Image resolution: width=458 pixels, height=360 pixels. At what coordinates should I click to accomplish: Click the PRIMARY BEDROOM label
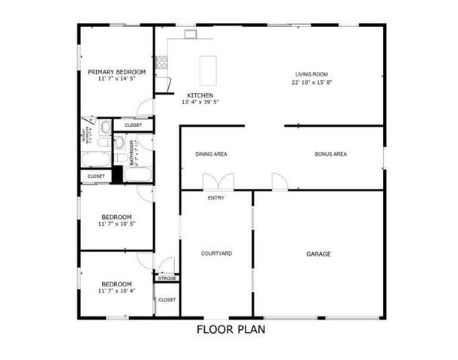(x=116, y=73)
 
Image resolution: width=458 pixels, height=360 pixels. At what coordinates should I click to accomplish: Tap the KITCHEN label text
(x=200, y=95)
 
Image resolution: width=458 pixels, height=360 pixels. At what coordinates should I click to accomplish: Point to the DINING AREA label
(x=211, y=154)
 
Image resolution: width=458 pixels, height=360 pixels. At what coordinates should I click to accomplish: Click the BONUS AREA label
(x=330, y=154)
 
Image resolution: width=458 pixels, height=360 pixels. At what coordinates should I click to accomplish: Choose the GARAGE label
(x=318, y=253)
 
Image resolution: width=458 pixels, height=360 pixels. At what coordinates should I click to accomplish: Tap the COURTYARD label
(x=216, y=253)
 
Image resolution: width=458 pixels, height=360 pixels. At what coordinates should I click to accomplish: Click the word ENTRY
(x=216, y=198)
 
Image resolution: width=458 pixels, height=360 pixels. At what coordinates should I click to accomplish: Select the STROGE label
(x=167, y=278)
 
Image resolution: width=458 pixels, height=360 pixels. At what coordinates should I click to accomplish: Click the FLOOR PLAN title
(x=231, y=328)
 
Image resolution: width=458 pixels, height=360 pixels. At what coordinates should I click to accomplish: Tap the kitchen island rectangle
(x=208, y=70)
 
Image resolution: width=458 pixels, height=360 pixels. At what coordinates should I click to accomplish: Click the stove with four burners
(x=161, y=62)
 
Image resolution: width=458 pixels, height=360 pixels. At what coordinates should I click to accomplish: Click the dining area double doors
(x=218, y=181)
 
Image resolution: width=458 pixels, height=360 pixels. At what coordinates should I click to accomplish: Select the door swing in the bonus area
(x=279, y=181)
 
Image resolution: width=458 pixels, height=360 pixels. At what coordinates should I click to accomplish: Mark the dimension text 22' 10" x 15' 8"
(x=312, y=82)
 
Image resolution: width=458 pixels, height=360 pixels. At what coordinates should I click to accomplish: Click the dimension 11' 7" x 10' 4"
(x=116, y=291)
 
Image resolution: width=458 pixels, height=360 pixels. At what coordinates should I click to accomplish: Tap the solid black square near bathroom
(x=116, y=174)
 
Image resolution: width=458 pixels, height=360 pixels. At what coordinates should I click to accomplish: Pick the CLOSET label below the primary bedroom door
(x=133, y=125)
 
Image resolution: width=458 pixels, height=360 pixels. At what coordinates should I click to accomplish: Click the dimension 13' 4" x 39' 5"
(x=200, y=103)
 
